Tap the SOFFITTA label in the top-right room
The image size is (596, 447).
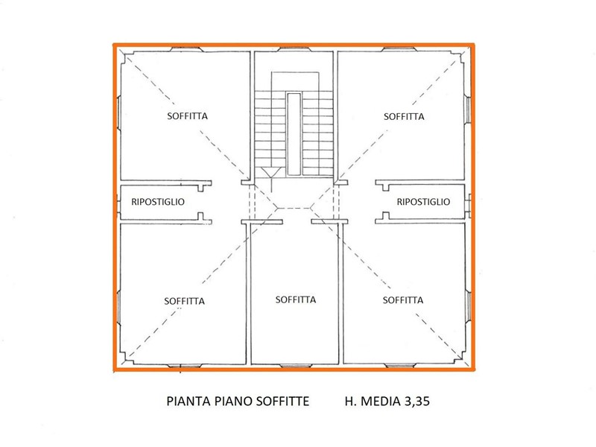coord(404,116)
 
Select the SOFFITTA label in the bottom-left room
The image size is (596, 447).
coord(184,301)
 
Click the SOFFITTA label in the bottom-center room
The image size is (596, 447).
coord(296,299)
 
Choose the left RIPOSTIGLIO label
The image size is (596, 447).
coord(158,201)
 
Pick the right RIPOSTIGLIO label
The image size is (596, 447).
coord(424,201)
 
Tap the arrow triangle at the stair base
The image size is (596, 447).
coord(272,172)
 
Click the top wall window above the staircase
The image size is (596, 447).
coord(295,50)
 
